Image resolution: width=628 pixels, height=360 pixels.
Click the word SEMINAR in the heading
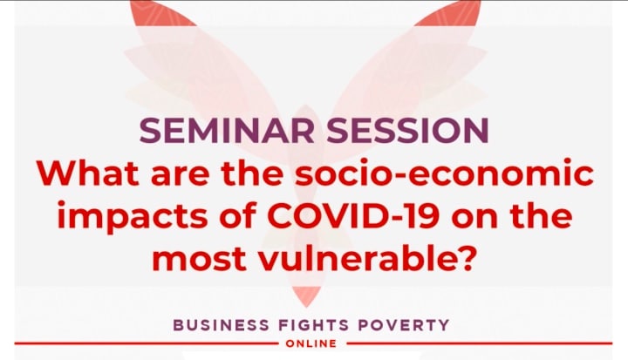pos(227,130)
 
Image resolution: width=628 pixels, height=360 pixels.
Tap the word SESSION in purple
pos(407,130)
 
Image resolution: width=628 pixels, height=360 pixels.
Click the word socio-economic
pos(444,173)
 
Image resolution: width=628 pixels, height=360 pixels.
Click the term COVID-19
pos(353,215)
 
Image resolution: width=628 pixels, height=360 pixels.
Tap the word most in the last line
pos(199,258)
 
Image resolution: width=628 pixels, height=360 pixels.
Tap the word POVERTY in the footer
pos(404,325)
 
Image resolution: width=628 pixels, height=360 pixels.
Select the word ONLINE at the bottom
pos(311,343)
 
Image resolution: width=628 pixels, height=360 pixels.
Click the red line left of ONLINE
pos(146,343)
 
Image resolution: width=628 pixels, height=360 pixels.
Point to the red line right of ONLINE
pos(480,343)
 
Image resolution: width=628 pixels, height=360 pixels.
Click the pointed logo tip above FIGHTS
pos(305,306)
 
